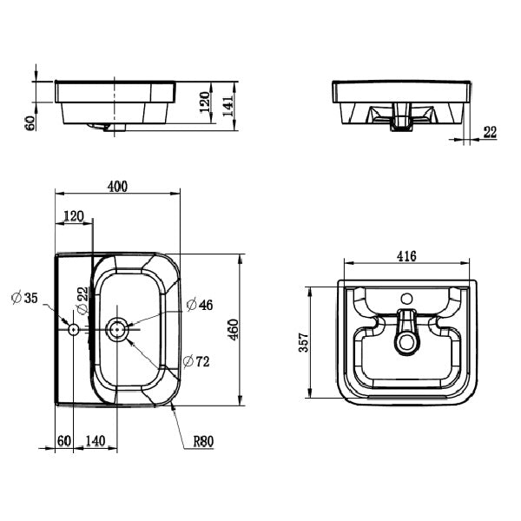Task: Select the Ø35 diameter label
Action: [x=23, y=299]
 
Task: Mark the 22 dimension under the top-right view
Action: [x=490, y=132]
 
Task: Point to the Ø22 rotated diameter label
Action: [x=82, y=300]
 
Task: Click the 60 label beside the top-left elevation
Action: [x=30, y=122]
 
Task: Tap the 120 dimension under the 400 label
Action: [x=74, y=215]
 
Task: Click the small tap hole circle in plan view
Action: [x=73, y=329]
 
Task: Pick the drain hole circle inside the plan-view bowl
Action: [x=117, y=329]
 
